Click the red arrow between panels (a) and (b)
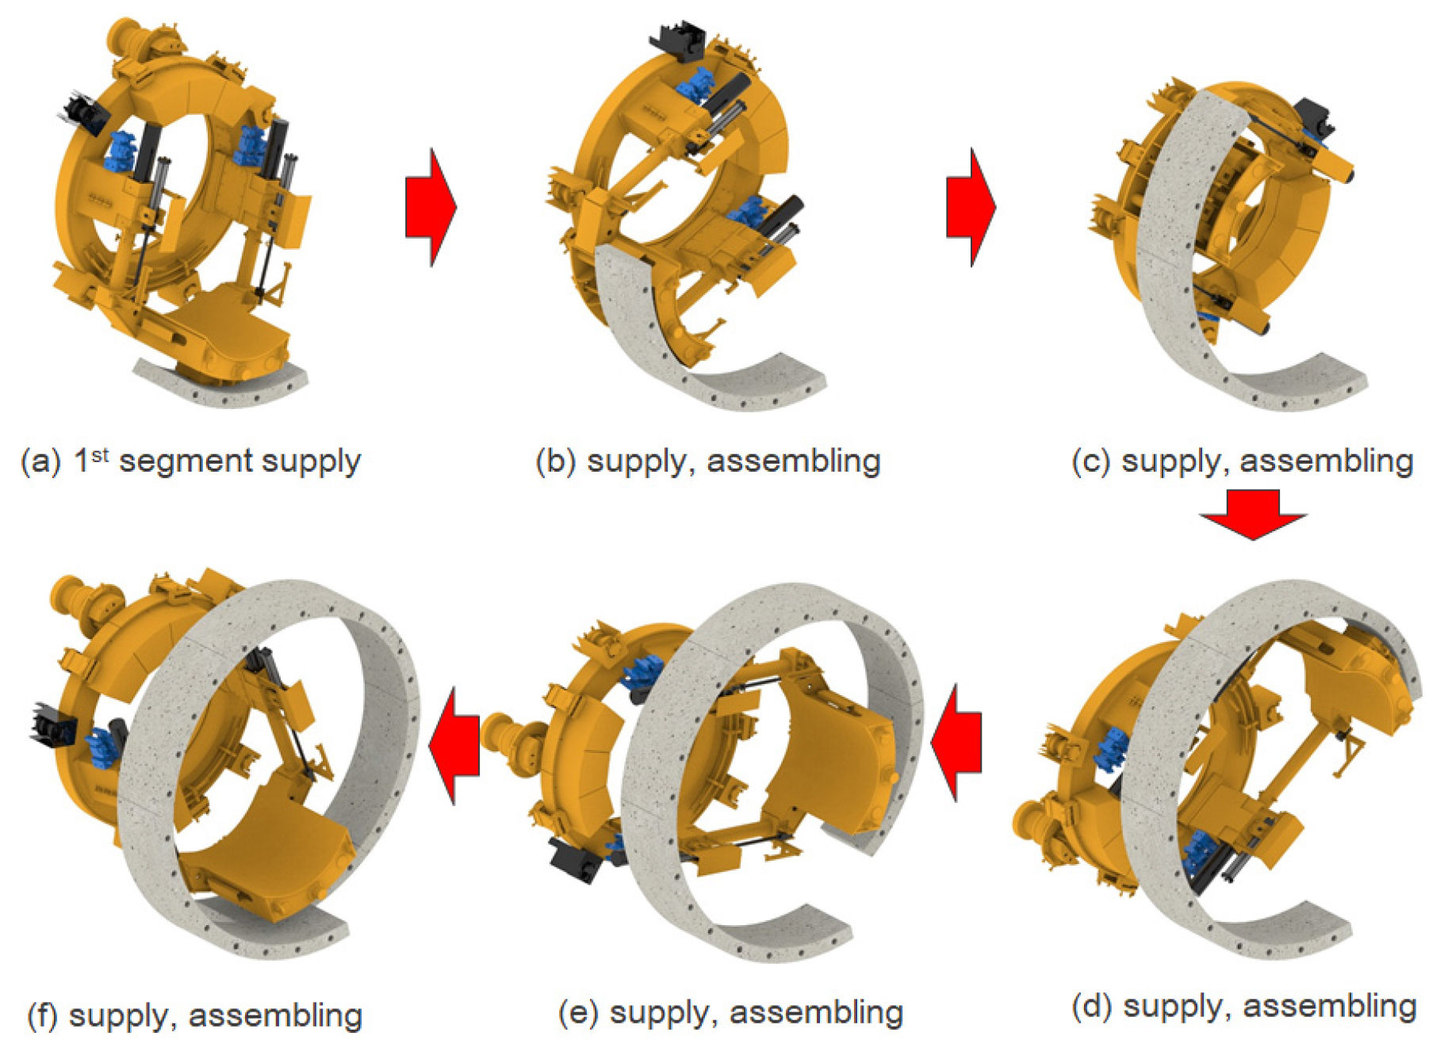[431, 207]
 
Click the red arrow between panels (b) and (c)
[971, 207]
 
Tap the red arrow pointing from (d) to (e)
[956, 743]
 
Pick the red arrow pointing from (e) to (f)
[454, 746]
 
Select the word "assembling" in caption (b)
[794, 462]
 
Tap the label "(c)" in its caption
[1092, 461]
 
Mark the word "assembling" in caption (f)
[276, 1017]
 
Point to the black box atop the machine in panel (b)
[678, 40]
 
